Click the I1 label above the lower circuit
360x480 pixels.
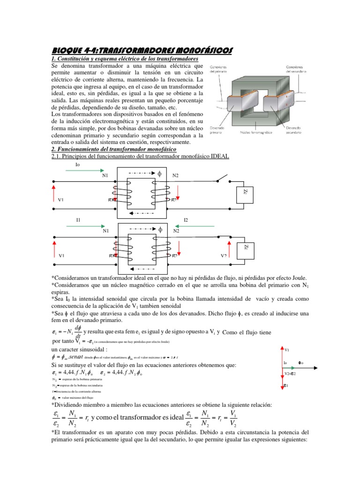(78, 219)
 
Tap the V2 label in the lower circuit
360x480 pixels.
(224, 256)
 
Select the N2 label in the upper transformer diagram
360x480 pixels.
(176, 176)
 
